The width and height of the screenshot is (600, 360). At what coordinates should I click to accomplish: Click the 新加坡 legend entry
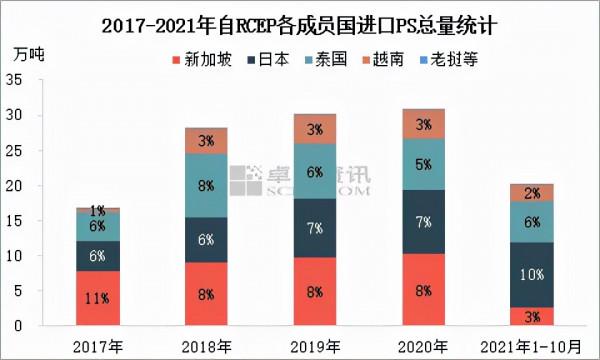[203, 59]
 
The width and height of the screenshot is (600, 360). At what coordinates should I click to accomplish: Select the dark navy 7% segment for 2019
[315, 228]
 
